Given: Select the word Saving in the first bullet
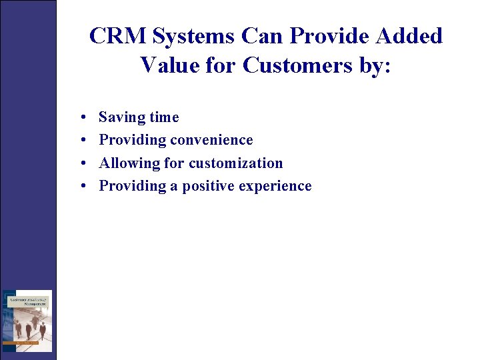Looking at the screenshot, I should (121, 117).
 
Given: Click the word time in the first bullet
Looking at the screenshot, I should (164, 117).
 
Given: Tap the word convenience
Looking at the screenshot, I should (211, 140).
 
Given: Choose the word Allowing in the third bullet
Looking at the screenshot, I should (125, 163).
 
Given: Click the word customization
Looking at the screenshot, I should (236, 163).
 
